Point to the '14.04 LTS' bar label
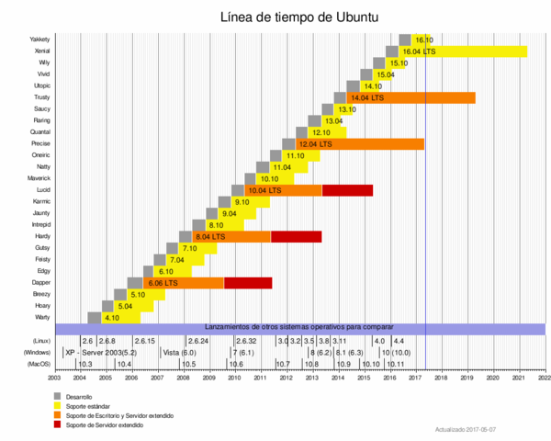click(366, 97)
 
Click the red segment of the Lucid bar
click(347, 190)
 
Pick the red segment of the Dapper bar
click(248, 283)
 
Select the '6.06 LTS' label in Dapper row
click(163, 284)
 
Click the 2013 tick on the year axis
click(313, 377)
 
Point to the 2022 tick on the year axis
click(545, 377)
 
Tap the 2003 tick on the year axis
click(54, 377)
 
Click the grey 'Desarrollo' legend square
click(58, 396)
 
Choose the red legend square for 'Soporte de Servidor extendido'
click(58, 424)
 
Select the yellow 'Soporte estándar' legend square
click(58, 405)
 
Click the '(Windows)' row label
click(37, 352)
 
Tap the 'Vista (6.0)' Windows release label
click(180, 352)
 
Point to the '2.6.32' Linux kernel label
click(246, 341)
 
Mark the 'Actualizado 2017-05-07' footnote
click(467, 429)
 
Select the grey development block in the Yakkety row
click(405, 40)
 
